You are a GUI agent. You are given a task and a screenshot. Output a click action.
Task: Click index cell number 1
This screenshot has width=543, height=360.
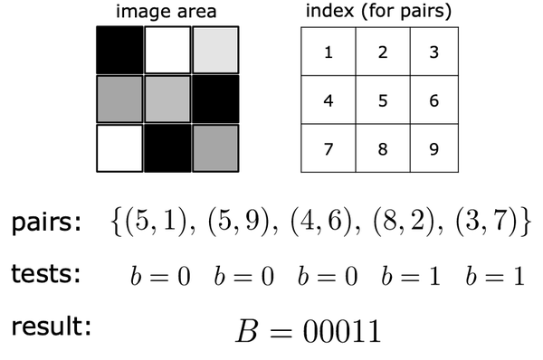[x=328, y=52]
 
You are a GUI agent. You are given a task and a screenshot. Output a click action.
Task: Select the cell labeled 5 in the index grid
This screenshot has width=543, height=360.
[x=382, y=99]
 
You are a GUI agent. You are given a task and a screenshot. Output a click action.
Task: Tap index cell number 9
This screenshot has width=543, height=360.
[x=433, y=147]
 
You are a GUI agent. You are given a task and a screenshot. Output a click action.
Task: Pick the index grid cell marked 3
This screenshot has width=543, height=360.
[x=433, y=52]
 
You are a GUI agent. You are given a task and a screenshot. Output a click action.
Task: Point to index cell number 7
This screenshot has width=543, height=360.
[x=328, y=147]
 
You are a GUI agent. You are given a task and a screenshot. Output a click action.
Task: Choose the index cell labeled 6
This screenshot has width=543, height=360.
[x=433, y=99]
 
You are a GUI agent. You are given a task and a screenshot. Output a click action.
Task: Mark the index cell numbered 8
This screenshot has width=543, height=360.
[x=382, y=147]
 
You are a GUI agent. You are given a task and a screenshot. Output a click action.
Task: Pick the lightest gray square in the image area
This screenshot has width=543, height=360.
[x=215, y=50]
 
